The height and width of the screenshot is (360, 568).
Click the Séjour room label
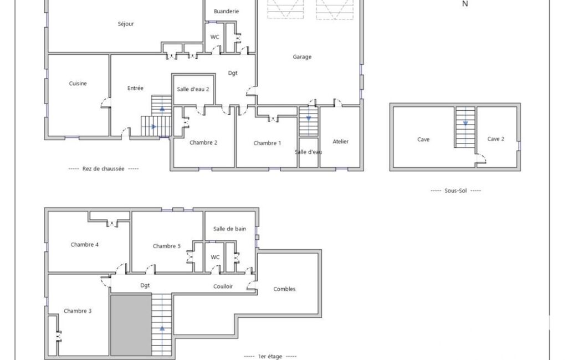coord(126,24)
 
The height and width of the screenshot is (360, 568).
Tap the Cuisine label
coord(78,83)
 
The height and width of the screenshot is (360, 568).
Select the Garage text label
coord(302,57)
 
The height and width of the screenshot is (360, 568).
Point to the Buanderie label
coord(227,11)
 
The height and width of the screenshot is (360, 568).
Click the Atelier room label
coord(340,142)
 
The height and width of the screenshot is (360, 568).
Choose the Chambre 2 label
coord(203,143)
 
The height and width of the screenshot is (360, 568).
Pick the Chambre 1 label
coord(267,143)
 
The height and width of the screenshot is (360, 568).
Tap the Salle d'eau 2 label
coord(193,89)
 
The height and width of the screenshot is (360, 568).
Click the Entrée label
coord(135,88)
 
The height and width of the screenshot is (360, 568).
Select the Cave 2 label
coord(495,138)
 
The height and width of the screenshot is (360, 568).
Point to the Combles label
coord(284,289)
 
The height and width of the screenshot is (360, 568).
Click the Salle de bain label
coord(229,229)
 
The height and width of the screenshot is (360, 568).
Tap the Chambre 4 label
coord(85,245)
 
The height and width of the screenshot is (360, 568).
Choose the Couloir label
coord(223,286)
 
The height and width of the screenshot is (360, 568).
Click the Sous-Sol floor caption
coord(456,191)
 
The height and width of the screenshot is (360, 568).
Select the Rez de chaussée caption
coord(103,169)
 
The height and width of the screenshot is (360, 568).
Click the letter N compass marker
coord(465,4)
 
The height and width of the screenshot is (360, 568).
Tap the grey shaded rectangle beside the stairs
coord(131,325)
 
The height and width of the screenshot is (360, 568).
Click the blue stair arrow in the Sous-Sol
coord(465,123)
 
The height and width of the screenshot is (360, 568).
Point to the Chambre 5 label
coord(167,246)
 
